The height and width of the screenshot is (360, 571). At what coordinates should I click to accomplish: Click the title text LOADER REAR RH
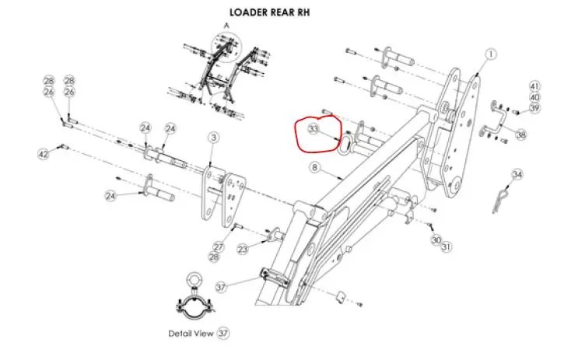(x=270, y=12)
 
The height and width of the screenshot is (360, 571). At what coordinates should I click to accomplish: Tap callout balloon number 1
(x=491, y=54)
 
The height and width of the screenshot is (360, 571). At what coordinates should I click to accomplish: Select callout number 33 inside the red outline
(x=314, y=128)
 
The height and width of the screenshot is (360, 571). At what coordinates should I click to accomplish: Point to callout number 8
(x=314, y=167)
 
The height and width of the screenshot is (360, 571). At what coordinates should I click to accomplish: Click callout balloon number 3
(x=214, y=137)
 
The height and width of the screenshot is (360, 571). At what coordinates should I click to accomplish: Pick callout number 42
(x=44, y=154)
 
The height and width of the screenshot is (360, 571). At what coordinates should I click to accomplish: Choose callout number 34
(x=517, y=175)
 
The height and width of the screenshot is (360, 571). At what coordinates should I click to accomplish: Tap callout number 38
(x=521, y=135)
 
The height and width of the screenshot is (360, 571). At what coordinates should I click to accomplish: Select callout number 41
(x=534, y=86)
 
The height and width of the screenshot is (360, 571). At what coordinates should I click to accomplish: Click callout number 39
(x=534, y=108)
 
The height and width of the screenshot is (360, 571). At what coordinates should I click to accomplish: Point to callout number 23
(x=243, y=250)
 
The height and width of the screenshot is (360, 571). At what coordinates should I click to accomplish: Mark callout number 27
(x=219, y=246)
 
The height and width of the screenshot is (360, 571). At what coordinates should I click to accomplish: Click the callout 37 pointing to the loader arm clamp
(x=221, y=287)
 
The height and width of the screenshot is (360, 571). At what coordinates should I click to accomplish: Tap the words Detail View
(x=191, y=334)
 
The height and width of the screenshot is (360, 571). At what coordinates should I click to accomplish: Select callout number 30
(x=436, y=240)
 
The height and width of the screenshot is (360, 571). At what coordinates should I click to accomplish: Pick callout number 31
(x=447, y=247)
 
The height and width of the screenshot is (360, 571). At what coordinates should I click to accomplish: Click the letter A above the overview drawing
(x=226, y=26)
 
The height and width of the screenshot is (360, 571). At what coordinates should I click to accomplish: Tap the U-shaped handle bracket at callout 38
(x=496, y=120)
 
